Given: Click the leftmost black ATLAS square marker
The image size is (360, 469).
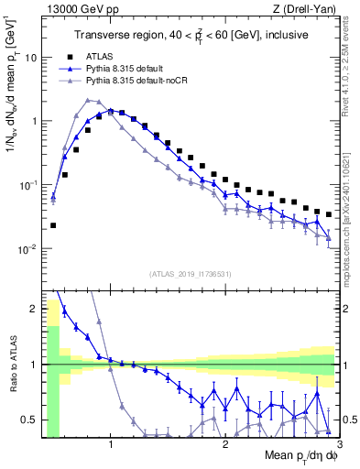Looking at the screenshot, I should pos(53,225).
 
